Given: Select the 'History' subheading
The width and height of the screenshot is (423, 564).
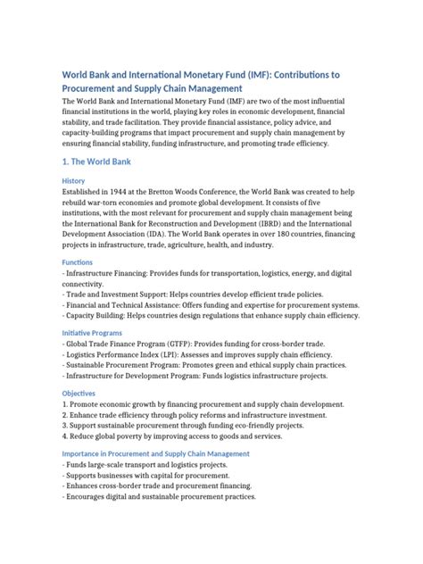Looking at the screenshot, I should pos(73,181).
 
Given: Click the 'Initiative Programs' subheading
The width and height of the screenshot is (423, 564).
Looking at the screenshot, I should pos(93,332).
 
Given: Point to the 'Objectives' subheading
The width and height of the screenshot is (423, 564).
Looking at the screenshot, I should pos(79,393).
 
